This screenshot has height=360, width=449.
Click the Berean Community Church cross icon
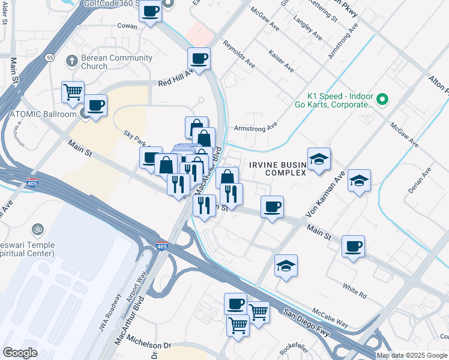point(71,61)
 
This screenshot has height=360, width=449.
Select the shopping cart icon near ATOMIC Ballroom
point(73,92)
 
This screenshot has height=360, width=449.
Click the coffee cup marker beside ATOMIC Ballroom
point(95,106)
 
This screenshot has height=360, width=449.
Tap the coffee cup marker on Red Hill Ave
point(199,59)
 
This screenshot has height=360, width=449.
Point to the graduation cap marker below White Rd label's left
point(286,266)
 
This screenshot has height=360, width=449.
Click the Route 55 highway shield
point(50,57)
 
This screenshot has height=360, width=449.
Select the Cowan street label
point(127,26)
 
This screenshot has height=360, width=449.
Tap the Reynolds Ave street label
point(238,53)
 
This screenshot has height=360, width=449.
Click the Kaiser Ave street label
point(281,61)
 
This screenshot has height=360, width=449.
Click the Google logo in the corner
point(20,352)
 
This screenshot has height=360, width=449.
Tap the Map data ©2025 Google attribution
point(412,355)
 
